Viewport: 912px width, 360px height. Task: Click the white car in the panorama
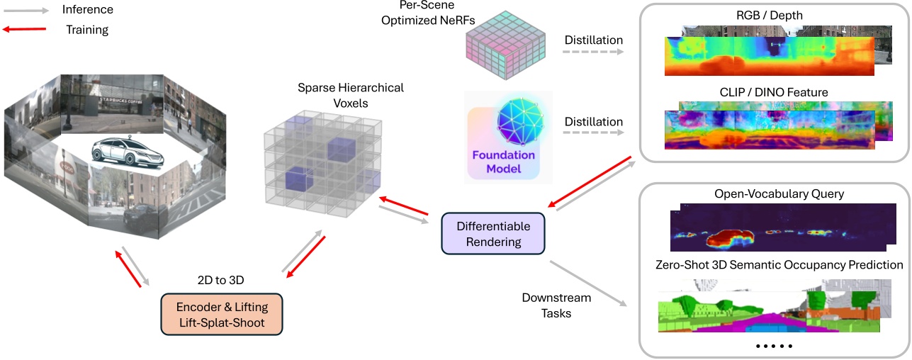pyautogui.click(x=128, y=151)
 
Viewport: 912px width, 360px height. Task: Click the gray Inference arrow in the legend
pyautogui.click(x=26, y=10)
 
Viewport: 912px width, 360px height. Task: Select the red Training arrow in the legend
pyautogui.click(x=26, y=30)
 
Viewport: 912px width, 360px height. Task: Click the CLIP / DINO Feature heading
pyautogui.click(x=774, y=92)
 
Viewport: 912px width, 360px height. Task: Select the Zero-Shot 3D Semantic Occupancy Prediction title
pyautogui.click(x=779, y=264)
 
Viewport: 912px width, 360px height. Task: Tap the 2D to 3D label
pyautogui.click(x=222, y=280)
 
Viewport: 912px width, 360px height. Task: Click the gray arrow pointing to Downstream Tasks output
pyautogui.click(x=587, y=283)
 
